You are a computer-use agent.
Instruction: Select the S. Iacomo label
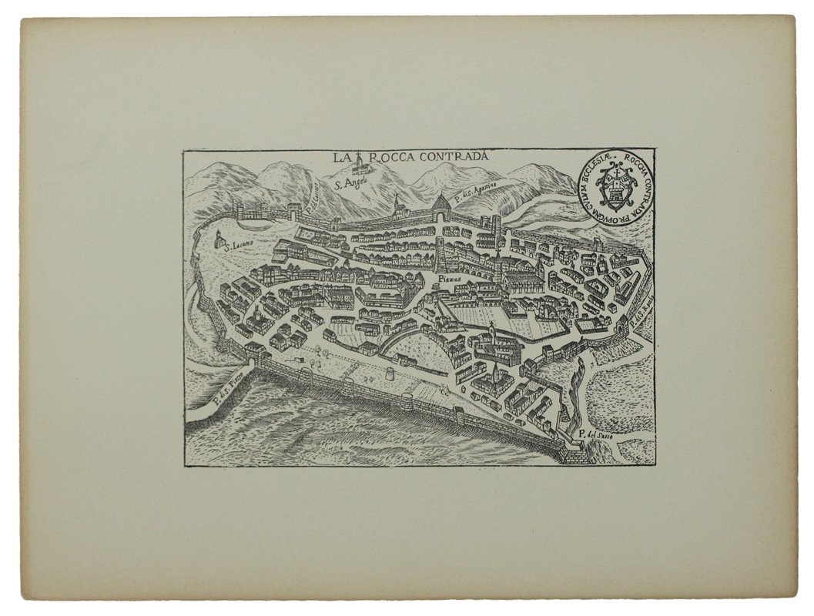236,247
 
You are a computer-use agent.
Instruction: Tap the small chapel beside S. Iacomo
221,239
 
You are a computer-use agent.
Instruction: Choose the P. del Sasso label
599,439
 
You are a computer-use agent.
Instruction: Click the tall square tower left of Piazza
440,253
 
